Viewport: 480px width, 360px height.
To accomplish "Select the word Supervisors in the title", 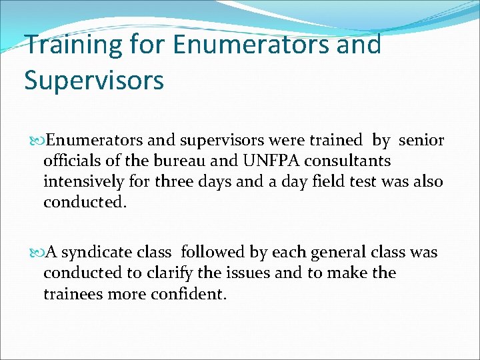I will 93,80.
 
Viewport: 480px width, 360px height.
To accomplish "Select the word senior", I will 421,140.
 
